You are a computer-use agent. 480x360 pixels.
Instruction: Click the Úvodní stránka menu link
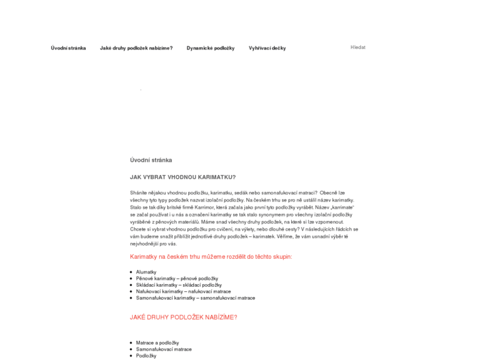tap(68, 48)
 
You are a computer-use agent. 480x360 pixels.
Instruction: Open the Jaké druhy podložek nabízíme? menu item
tap(136, 48)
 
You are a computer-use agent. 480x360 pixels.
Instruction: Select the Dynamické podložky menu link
tap(211, 48)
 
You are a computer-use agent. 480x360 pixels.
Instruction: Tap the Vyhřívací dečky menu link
tap(267, 48)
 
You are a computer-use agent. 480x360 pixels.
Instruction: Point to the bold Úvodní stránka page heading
tap(151, 160)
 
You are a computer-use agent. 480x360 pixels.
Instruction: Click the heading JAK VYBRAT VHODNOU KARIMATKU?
tap(183, 177)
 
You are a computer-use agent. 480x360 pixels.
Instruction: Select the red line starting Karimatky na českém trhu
tap(211, 256)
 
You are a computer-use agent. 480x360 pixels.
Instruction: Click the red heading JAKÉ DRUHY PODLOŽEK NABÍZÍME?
tap(184, 317)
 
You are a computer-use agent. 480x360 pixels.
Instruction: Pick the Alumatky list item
tap(146, 272)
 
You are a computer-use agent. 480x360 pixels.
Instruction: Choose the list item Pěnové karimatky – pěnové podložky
tap(177, 279)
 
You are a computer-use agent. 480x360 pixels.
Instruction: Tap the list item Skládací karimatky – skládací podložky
tap(178, 285)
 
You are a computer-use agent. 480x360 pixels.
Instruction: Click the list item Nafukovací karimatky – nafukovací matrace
tap(183, 291)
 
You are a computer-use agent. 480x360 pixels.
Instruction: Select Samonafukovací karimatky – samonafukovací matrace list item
tap(195, 298)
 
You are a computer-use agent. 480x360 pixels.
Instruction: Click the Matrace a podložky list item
tap(157, 343)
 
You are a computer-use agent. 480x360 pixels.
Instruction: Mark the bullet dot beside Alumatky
tap(131, 272)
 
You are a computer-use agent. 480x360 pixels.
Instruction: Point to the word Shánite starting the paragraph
tap(138, 192)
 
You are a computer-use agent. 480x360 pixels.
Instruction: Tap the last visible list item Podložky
tap(146, 356)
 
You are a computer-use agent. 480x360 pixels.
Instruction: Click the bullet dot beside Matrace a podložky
tap(131, 343)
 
